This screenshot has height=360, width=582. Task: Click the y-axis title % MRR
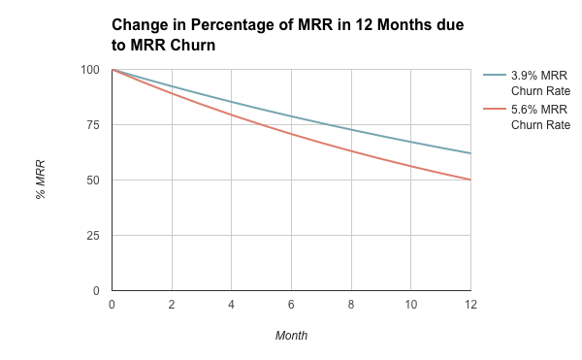[41, 180]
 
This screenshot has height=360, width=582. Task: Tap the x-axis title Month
[291, 336]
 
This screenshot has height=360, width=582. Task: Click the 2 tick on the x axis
[172, 306]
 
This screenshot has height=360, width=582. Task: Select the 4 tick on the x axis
[232, 306]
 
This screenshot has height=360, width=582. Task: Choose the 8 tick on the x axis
[351, 306]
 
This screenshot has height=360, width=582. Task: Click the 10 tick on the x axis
[411, 306]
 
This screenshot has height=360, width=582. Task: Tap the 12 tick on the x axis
[470, 306]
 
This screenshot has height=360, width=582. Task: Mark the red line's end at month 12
[470, 180]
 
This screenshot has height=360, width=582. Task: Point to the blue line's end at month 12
[470, 153]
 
